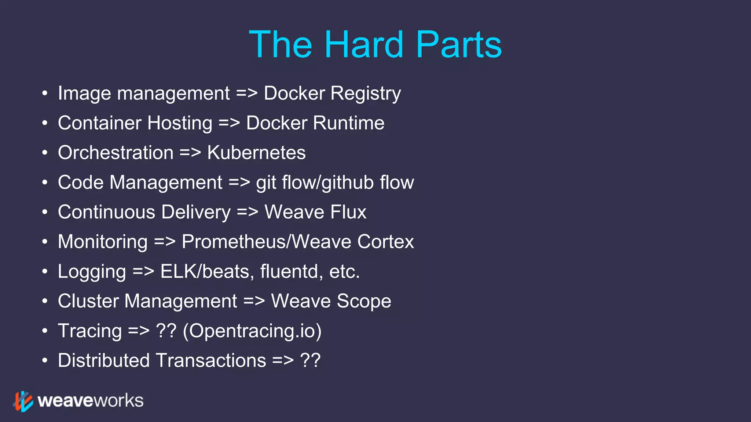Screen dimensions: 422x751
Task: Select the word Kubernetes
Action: coord(256,153)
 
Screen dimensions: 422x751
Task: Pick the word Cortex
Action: coord(385,242)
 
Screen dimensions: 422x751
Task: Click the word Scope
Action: coord(364,301)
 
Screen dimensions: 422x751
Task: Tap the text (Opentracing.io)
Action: coord(252,331)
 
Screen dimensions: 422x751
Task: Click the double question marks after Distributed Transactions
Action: coord(310,360)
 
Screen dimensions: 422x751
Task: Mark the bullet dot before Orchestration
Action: coord(45,153)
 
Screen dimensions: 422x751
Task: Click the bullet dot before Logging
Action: coord(45,271)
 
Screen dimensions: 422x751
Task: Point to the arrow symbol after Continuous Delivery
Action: coord(248,212)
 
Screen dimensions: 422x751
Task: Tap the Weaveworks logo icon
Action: coord(23,401)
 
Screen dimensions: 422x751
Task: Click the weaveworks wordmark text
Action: coord(90,401)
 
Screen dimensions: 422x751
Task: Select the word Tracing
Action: coord(90,331)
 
